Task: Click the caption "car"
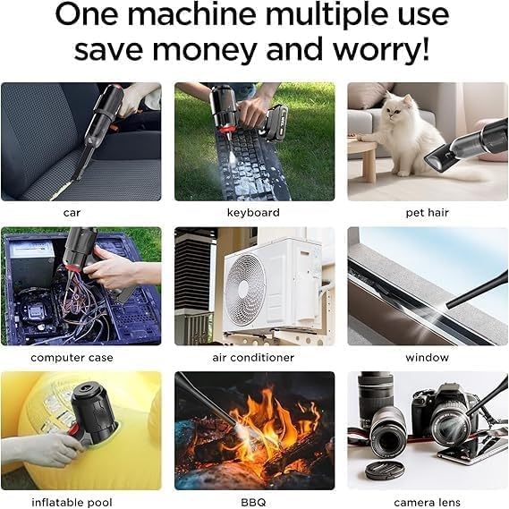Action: coord(72,213)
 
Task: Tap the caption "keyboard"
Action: coord(253,213)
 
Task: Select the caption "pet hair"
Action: coord(428,213)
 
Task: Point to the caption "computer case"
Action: coord(72,358)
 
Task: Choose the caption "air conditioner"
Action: coord(253,358)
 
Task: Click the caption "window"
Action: coord(428,358)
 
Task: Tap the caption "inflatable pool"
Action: coord(72,503)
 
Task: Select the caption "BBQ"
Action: coord(253,503)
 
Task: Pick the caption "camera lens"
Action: coord(428,503)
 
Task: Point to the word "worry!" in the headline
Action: coord(381,48)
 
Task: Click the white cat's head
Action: coord(398,107)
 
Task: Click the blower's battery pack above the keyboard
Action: coord(275,123)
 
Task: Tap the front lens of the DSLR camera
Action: coord(450,428)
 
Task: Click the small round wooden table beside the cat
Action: coord(363,155)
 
